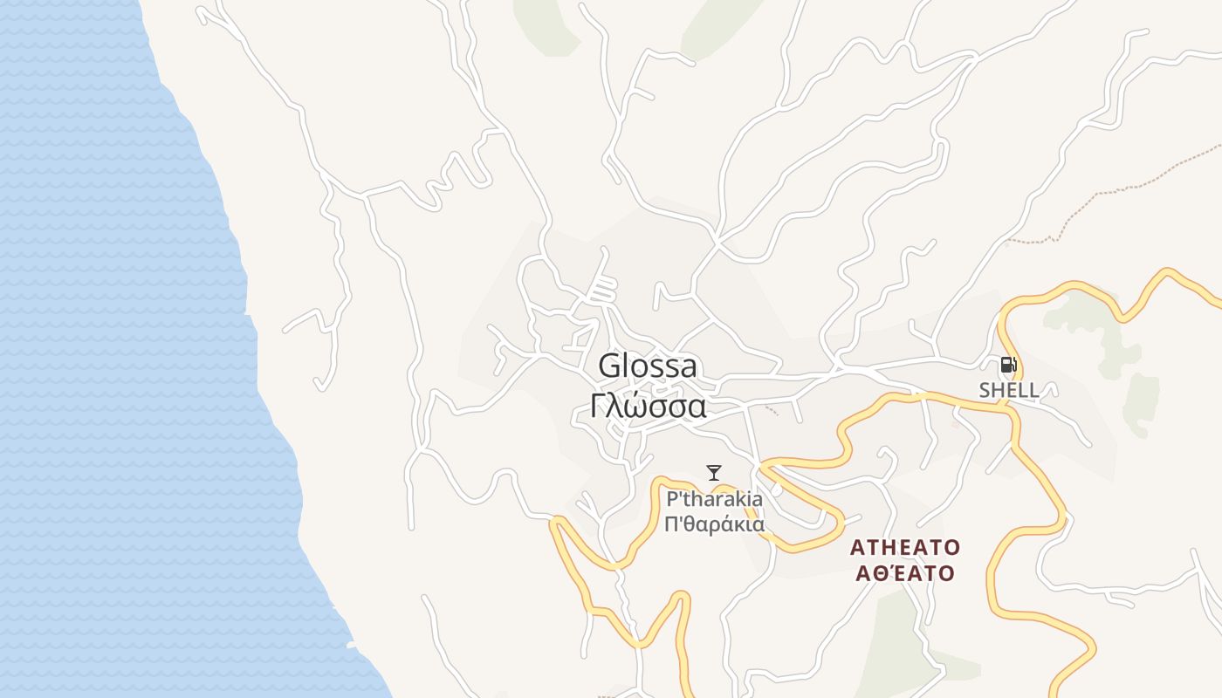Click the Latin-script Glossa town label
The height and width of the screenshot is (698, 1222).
click(x=648, y=366)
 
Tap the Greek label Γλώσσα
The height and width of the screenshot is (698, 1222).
click(x=648, y=406)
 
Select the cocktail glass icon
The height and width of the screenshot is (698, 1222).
click(x=714, y=473)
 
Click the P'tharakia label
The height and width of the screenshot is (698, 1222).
click(x=714, y=500)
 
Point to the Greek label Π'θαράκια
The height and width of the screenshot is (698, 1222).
click(x=714, y=524)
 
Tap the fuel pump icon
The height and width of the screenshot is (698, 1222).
click(x=1008, y=366)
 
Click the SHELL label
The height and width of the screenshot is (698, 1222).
click(x=1009, y=390)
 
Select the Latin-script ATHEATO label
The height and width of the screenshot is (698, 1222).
click(x=905, y=548)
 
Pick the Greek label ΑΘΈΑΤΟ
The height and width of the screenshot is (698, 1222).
click(x=905, y=573)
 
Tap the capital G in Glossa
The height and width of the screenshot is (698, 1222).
click(x=610, y=366)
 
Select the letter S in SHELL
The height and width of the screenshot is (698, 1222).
click(x=985, y=390)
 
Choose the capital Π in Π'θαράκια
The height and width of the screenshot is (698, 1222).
click(x=670, y=524)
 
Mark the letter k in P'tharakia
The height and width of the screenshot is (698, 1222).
click(x=740, y=500)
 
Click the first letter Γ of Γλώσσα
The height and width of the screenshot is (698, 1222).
click(x=598, y=406)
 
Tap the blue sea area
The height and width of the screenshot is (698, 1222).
click(x=105, y=349)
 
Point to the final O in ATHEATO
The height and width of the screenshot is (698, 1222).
click(x=952, y=548)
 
